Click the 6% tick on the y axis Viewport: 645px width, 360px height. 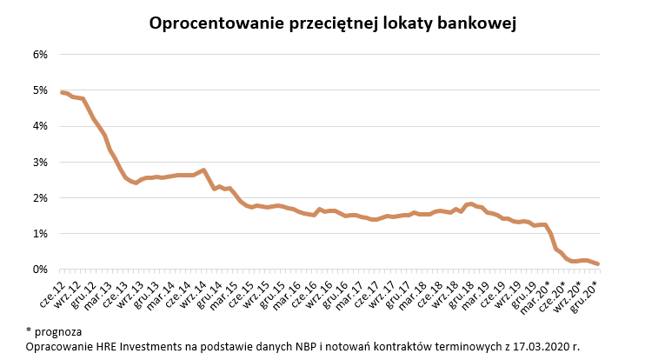pyautogui.click(x=40, y=54)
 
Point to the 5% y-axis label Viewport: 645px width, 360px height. pyautogui.click(x=40, y=90)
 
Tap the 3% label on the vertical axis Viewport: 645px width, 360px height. pyautogui.click(x=40, y=162)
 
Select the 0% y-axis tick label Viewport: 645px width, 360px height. pyautogui.click(x=40, y=270)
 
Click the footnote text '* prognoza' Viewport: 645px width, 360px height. pyautogui.click(x=55, y=330)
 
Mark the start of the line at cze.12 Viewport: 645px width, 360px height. pyautogui.click(x=62, y=92)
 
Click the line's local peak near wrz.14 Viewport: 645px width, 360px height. pyautogui.click(x=203, y=170)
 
